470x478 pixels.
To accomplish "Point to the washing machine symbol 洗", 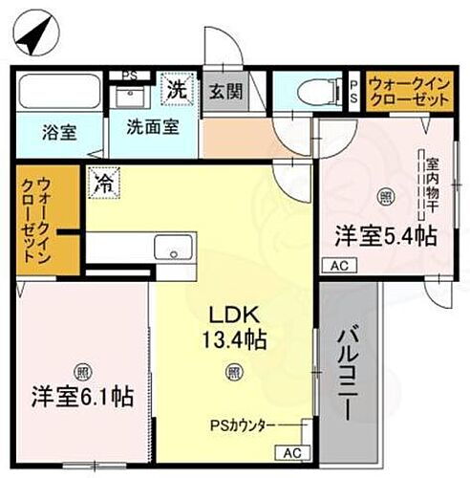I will click(177, 92).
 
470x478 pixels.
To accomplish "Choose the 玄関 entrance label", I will click(226, 93).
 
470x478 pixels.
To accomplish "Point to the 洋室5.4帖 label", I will click(385, 233).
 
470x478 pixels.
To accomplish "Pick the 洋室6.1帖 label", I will click(83, 394).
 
